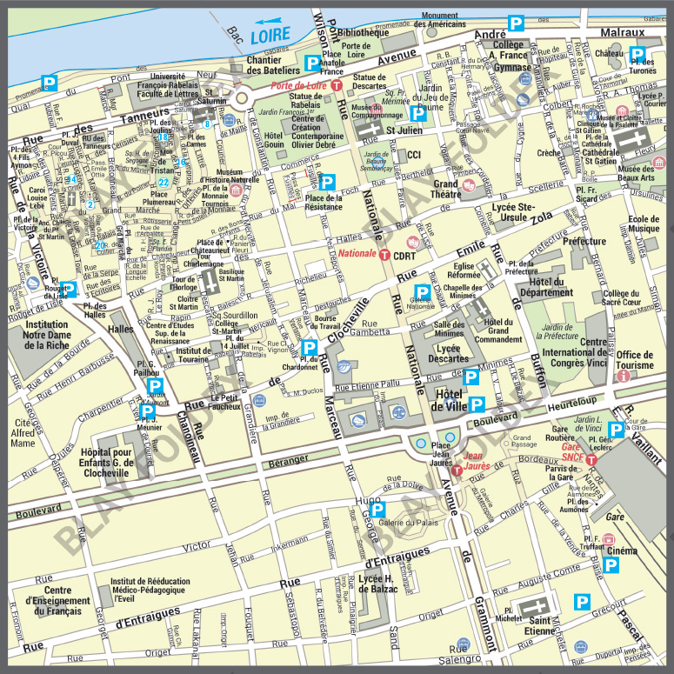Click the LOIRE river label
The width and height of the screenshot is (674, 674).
270,37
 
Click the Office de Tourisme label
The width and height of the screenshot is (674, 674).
635,360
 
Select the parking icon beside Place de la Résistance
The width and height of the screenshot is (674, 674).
327,182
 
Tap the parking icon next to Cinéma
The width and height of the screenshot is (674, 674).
611,566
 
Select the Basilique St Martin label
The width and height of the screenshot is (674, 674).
232,275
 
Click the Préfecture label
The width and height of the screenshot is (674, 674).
584,242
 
